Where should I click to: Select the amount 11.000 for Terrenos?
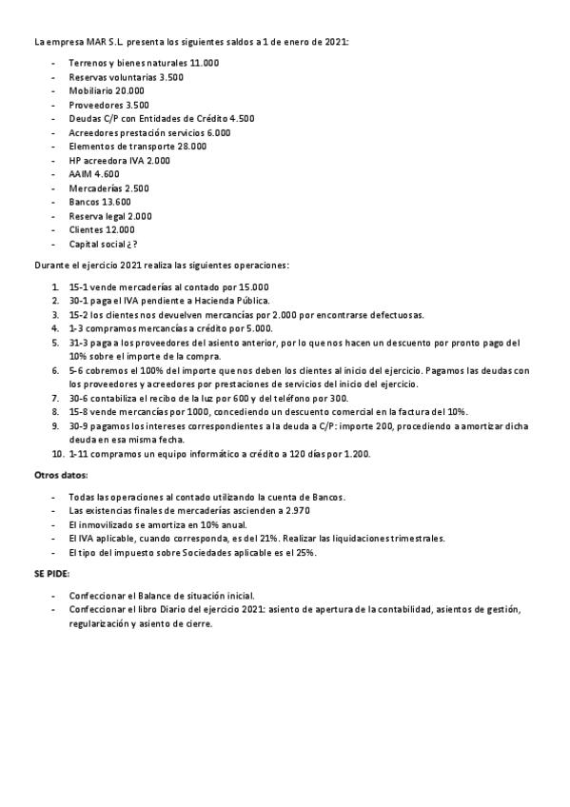pyautogui.click(x=205, y=63)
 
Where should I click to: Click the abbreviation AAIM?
pyautogui.click(x=81, y=174)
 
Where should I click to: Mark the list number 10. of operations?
pyautogui.click(x=57, y=454)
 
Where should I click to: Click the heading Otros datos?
pyautogui.click(x=61, y=475)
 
